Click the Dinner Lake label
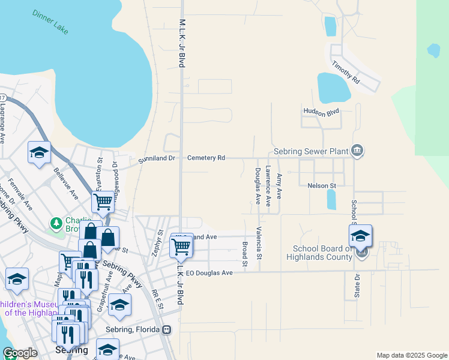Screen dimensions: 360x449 [x=51, y=22]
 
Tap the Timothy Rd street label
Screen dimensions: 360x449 [x=348, y=71]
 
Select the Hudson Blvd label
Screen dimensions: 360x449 [x=322, y=112]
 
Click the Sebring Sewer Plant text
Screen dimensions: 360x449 [x=312, y=152]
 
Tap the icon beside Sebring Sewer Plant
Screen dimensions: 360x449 [x=357, y=150]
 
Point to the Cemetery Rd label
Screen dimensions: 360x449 [x=206, y=158]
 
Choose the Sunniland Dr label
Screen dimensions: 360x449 [x=156, y=159]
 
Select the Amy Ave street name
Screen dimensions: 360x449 [x=279, y=186]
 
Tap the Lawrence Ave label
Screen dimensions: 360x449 [x=268, y=186]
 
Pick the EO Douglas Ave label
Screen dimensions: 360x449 [x=209, y=272]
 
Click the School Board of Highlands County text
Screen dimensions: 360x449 [x=322, y=253]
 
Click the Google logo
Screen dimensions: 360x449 [x=20, y=353]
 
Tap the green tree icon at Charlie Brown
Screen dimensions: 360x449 [x=56, y=224]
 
